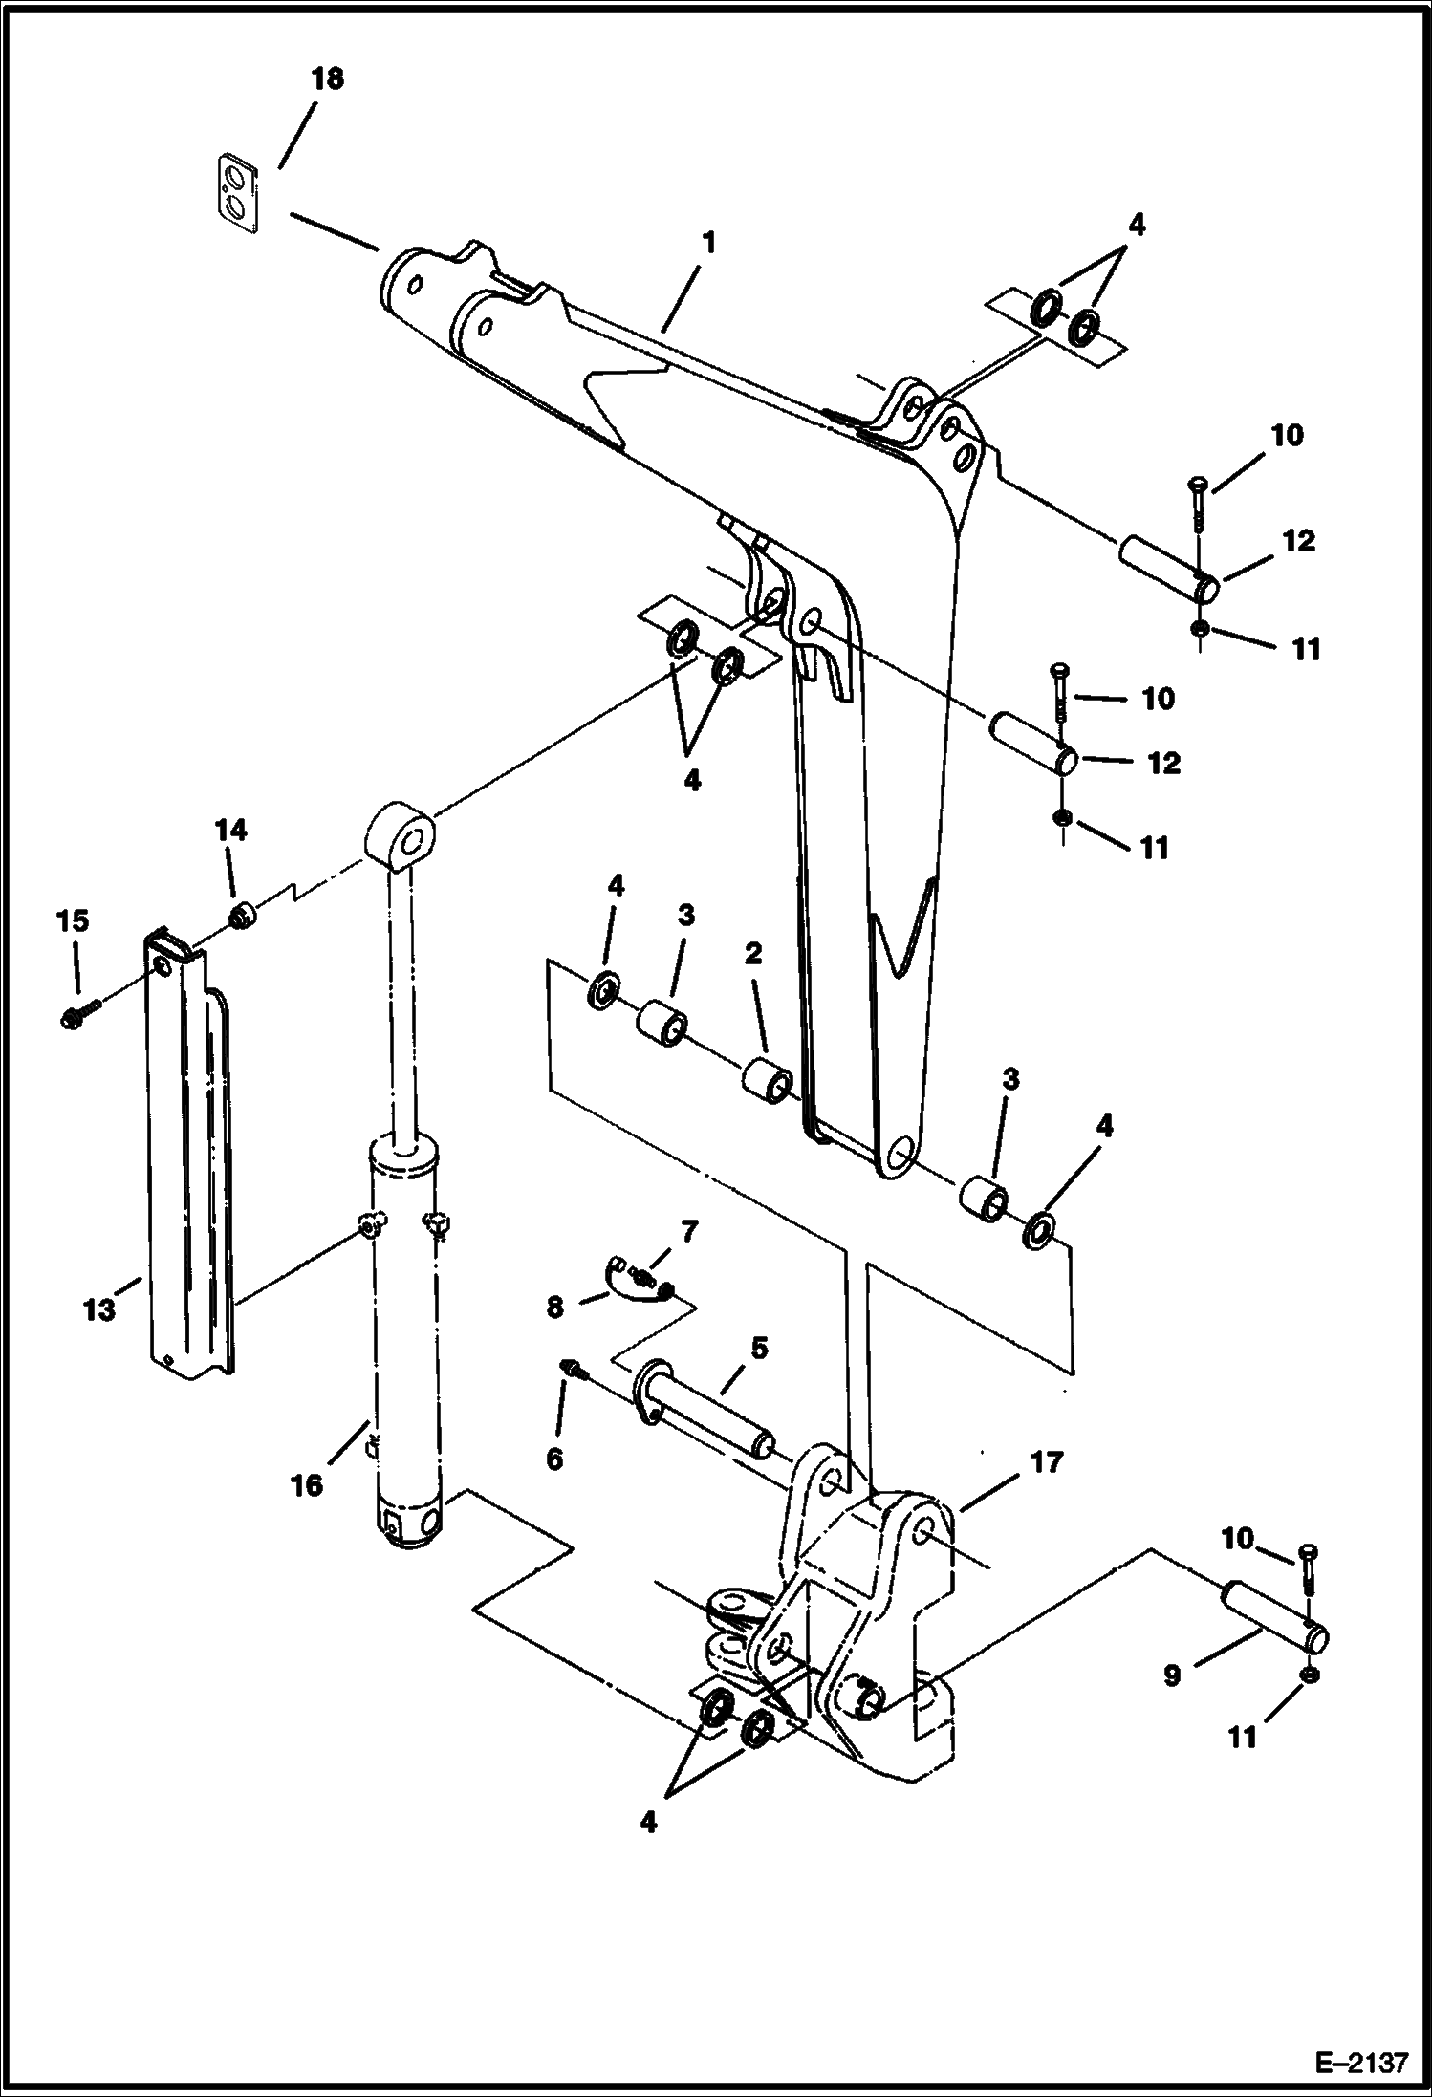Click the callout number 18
[x=327, y=78]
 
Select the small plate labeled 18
[x=235, y=193]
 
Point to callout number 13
[x=99, y=1308]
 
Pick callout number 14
[x=230, y=830]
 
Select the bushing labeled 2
[x=768, y=1078]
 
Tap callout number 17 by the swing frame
[x=1047, y=1462]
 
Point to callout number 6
[x=554, y=1458]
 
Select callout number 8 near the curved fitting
[x=555, y=1307]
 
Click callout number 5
[x=758, y=1349]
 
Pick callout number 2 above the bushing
[x=753, y=953]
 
